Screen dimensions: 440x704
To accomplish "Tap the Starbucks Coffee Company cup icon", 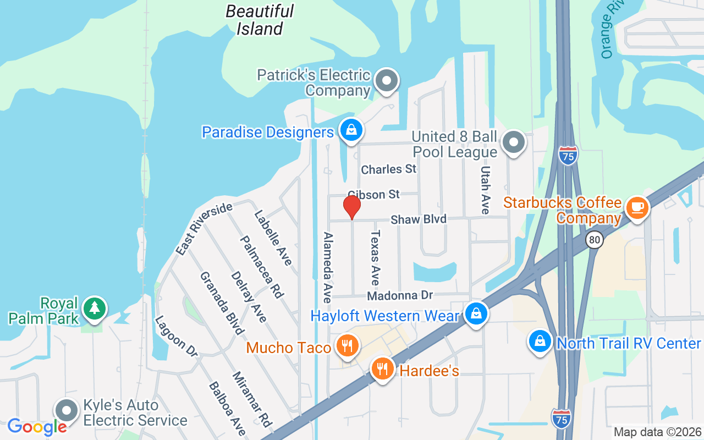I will coord(637,207).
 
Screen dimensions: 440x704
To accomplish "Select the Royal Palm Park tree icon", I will coord(95,308).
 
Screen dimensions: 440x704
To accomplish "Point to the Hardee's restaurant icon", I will coord(383,368).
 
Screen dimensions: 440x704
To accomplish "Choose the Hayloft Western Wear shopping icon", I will coord(476,313).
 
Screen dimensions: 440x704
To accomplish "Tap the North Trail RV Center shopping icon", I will coord(541,341).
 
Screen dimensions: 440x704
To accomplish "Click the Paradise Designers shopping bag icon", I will coord(350,130).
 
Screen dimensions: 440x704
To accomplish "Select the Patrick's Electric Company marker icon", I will coord(387,81).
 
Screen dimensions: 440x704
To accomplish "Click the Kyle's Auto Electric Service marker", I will coord(67,410).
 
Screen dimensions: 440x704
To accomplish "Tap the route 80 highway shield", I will coord(594,240).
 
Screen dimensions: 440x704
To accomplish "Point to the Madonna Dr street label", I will coord(400,296).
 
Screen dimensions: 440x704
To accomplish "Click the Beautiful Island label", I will coord(260,20).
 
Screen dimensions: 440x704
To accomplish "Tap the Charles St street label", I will coord(389,169).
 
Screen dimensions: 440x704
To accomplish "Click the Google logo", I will coord(37,426).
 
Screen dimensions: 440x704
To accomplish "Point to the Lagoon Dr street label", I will coord(175,336).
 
